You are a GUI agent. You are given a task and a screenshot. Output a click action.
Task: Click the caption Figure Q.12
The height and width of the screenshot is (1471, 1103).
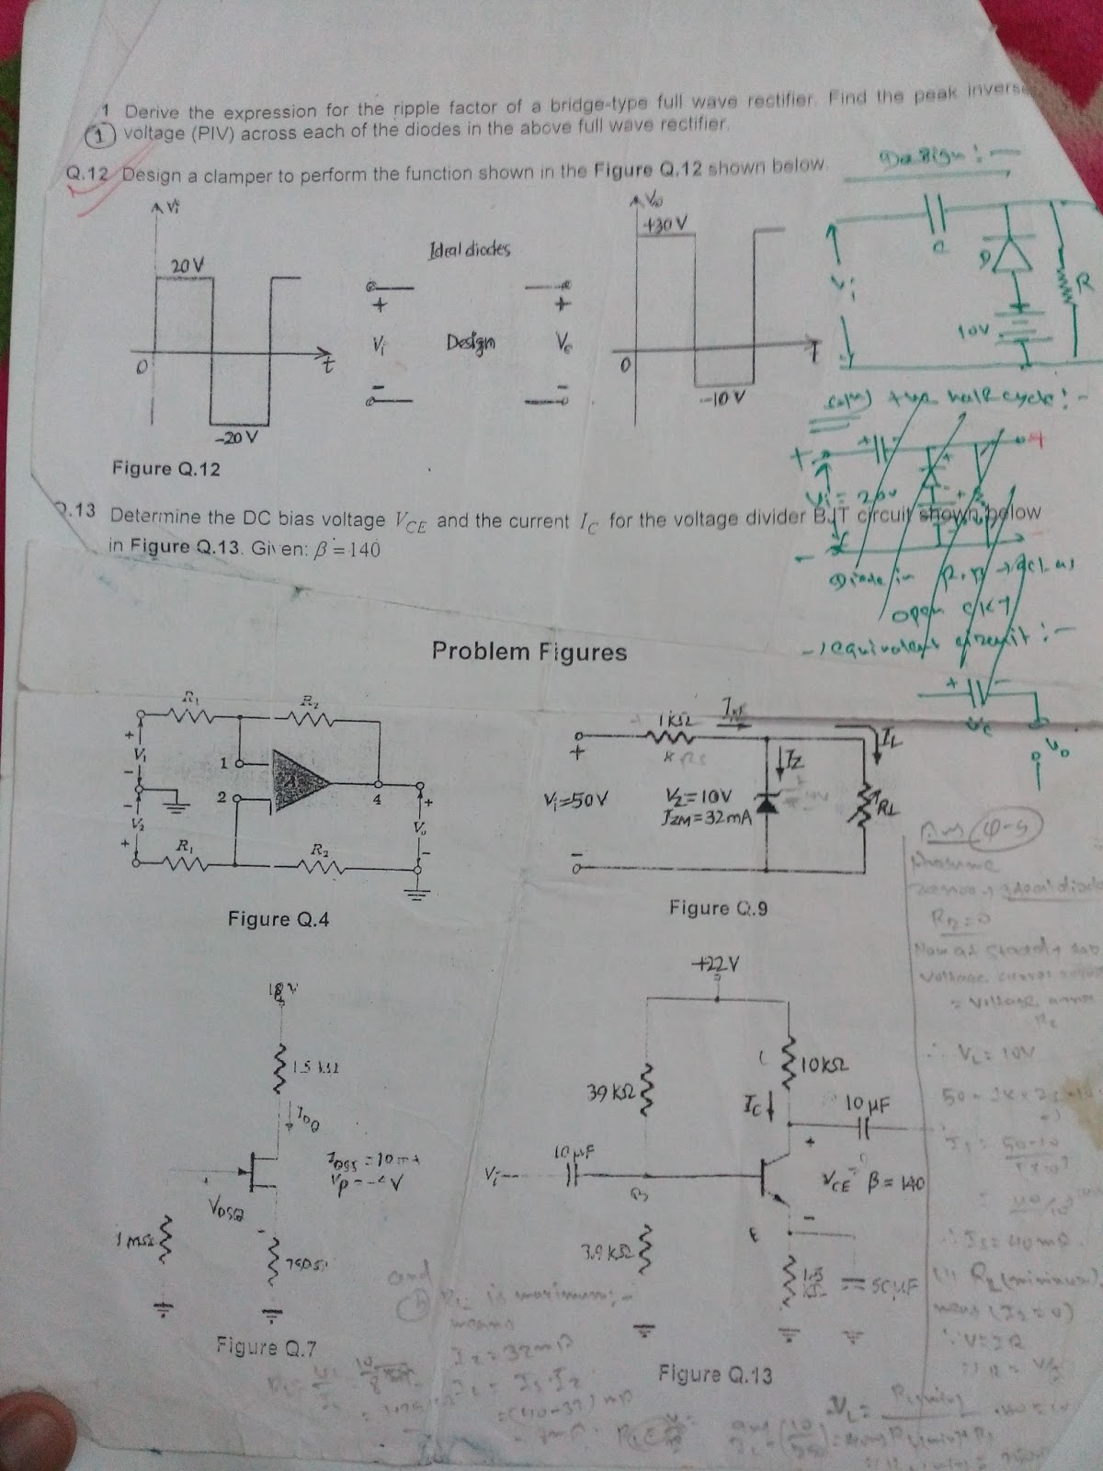166,469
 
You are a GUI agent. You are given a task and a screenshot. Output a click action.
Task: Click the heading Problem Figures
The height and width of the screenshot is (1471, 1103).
529,652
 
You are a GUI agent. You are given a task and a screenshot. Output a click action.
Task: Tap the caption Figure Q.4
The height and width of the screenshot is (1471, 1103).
279,918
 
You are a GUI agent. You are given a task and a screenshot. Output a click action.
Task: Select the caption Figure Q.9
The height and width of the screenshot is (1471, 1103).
719,908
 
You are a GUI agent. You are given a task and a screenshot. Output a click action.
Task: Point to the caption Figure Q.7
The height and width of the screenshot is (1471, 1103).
267,1348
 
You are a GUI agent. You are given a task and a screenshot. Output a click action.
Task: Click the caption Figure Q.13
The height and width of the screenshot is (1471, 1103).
715,1374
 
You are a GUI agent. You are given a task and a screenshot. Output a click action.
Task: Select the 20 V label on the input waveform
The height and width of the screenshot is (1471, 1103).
187,266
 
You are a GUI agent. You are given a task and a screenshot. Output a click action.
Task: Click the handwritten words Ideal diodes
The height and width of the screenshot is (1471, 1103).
469,249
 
